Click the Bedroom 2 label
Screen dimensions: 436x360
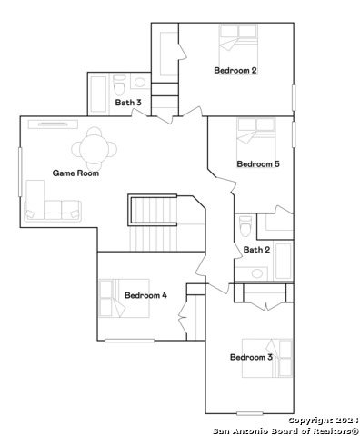pos(235,70)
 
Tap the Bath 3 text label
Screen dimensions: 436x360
pos(128,103)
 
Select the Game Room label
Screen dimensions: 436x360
pos(75,173)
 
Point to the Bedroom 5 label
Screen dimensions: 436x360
pos(258,164)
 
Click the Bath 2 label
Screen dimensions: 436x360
pos(256,250)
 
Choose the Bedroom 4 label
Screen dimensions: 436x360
pos(145,295)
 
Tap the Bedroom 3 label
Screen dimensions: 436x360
pos(251,358)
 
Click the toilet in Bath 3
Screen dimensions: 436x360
pos(118,84)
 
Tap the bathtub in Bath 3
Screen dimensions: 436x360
pos(98,92)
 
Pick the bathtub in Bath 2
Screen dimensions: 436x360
pos(283,260)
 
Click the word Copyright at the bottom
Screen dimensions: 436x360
pos(308,421)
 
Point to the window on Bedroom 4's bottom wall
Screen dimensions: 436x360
pos(129,341)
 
